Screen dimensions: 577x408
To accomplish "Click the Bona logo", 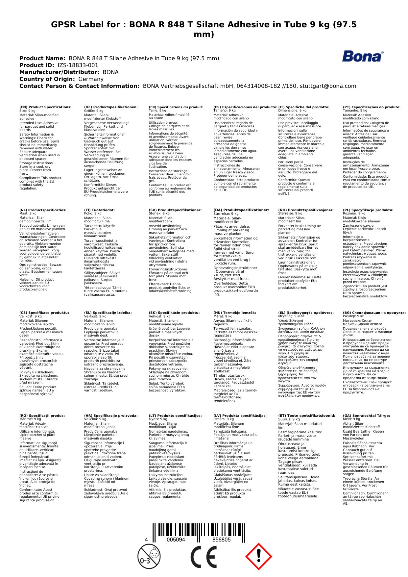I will coord(363,57).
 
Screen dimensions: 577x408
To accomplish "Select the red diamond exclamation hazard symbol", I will coord(258,557).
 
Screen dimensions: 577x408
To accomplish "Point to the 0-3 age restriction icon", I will coord(149,557).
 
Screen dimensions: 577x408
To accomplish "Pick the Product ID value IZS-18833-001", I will coord(78,65).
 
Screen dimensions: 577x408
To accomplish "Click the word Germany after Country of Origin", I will coord(91,79).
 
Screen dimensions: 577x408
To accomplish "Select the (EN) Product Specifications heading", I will coord(45,107).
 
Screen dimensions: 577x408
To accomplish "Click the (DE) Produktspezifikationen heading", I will coord(111,107).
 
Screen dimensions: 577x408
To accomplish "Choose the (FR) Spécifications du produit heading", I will coord(176,107).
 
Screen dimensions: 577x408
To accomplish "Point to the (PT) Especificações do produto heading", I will coord(372,107).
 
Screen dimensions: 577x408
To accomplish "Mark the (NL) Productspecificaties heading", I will coord(43,210).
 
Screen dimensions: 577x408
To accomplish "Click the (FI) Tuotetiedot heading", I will coord(99,210).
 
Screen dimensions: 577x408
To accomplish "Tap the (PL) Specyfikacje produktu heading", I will coord(368,210).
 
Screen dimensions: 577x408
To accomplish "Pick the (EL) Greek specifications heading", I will coord(306,313).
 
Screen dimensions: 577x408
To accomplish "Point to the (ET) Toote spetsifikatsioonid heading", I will coord(307,415).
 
